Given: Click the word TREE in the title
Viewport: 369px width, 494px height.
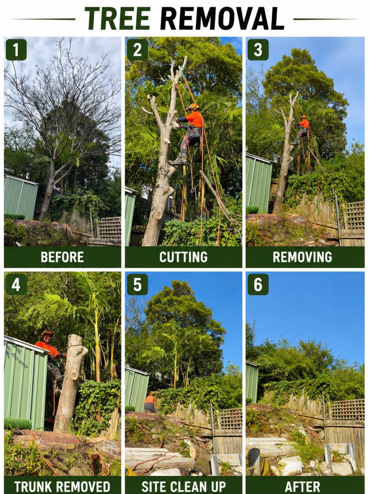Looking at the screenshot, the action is click(118, 18).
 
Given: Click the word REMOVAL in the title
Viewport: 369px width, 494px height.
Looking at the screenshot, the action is click(222, 18).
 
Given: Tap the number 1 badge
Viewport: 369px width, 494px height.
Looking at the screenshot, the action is click(16, 50).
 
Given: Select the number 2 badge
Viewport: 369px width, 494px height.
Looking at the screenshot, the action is click(137, 50).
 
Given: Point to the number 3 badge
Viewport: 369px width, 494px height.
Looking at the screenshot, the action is click(258, 50).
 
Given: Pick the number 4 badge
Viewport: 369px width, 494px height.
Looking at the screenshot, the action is click(16, 284).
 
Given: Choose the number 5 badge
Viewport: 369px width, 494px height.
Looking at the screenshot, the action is click(137, 284).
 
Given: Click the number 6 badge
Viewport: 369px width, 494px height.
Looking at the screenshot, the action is click(258, 284).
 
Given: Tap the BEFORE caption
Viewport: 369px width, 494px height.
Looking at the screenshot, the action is click(62, 257).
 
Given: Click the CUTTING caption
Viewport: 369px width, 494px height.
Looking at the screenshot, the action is click(183, 257).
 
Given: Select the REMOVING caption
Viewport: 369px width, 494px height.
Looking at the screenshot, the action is click(302, 257).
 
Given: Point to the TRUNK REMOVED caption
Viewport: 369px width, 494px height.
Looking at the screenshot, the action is click(62, 486).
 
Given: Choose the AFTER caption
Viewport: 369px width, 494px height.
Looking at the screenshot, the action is click(302, 486).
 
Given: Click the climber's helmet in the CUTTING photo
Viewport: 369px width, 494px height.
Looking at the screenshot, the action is click(193, 107).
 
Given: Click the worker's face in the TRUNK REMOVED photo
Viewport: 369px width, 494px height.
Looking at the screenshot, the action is click(47, 339).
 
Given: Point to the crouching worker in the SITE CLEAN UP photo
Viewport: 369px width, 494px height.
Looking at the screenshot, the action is click(149, 404).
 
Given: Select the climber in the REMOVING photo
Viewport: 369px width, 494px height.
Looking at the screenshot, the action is click(301, 130).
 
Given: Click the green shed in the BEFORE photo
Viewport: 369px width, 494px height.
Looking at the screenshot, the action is click(21, 197).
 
